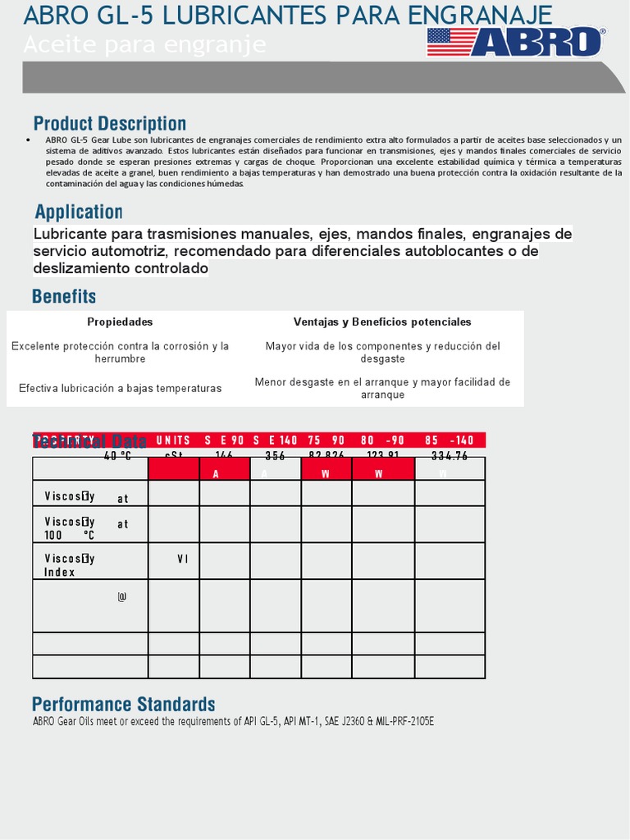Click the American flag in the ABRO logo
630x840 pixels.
[x=452, y=41]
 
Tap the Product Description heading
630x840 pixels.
[x=110, y=124]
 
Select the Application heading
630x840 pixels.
[x=79, y=212]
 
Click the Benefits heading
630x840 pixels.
[x=64, y=296]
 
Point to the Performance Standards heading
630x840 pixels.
[x=124, y=704]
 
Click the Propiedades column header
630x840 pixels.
[x=120, y=322]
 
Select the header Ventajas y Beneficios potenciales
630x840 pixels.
[x=382, y=322]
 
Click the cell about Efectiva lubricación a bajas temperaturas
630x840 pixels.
[x=120, y=388]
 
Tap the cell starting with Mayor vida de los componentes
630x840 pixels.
[x=382, y=353]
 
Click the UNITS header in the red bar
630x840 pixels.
[x=173, y=441]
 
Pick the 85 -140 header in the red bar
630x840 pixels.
[x=450, y=441]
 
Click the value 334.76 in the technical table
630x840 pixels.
[x=450, y=456]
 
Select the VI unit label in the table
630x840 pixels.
[x=183, y=559]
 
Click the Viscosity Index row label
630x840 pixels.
[x=71, y=565]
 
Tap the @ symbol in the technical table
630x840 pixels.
[x=122, y=597]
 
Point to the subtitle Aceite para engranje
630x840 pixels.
[x=144, y=46]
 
